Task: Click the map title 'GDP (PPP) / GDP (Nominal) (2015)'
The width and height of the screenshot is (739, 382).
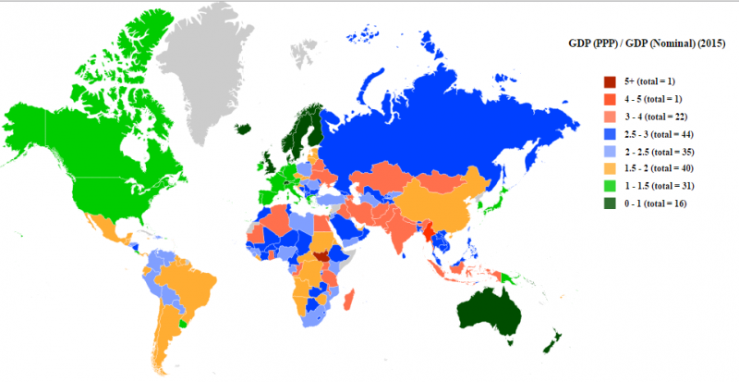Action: (647, 43)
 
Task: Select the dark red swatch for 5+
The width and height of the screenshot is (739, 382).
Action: (609, 82)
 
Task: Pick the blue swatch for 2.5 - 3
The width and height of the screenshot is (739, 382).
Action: (609, 134)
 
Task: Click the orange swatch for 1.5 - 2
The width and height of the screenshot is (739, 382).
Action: (609, 168)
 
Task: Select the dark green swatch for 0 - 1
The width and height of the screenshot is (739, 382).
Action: (609, 203)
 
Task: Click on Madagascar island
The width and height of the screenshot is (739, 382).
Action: (349, 298)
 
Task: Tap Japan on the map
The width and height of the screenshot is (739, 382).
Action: (500, 199)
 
